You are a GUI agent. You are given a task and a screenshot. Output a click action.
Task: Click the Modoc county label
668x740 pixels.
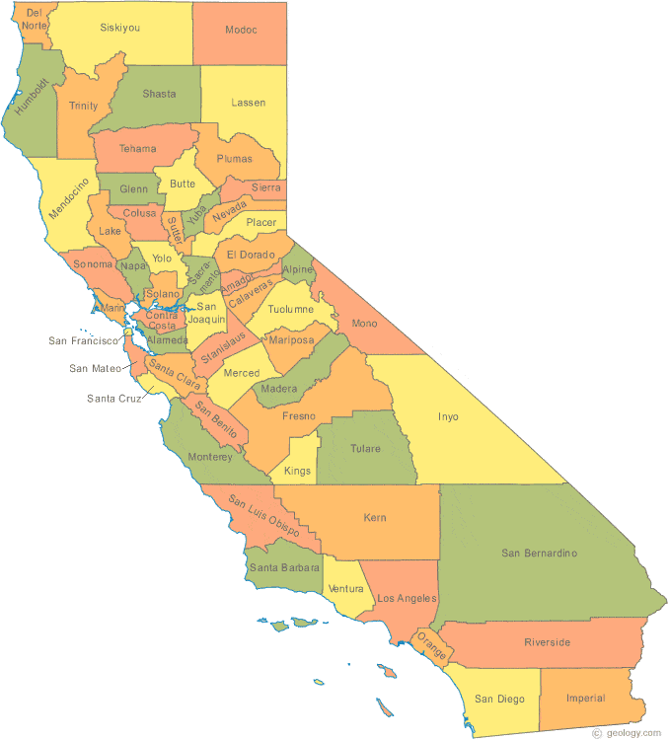(x=241, y=30)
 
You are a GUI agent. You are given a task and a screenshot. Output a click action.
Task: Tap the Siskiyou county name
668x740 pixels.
(x=119, y=28)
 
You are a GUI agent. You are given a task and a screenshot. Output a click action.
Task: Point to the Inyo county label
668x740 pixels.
(x=448, y=416)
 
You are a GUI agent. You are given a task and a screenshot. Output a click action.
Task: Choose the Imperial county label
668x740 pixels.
(x=585, y=698)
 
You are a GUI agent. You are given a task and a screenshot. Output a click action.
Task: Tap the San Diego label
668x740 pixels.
(x=499, y=699)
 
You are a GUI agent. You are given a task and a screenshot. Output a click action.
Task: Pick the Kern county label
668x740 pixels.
(x=375, y=517)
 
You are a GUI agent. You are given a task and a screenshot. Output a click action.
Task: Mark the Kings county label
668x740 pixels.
(x=297, y=471)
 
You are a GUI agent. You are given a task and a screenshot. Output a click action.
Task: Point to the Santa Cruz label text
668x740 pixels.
(x=113, y=399)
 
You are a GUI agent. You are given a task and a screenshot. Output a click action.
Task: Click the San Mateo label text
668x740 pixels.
(x=95, y=369)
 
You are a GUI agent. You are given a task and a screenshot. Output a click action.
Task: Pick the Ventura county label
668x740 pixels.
(x=345, y=589)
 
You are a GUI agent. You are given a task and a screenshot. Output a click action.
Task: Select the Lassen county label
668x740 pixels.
(x=248, y=103)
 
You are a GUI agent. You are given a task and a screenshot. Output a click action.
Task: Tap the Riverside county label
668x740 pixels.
(x=547, y=642)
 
